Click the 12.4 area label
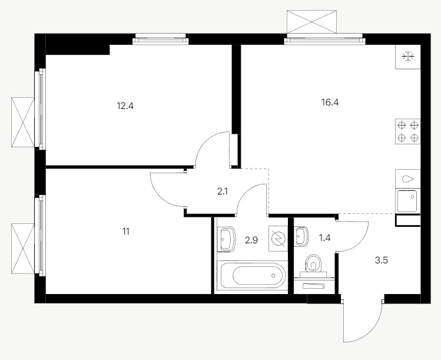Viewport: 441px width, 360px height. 125,106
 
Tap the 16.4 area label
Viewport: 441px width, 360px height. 330,102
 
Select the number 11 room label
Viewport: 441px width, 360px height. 126,232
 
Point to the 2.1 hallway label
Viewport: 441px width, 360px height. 223,191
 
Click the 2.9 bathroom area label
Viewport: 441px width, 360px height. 251,240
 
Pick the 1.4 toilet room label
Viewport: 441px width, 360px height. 324,238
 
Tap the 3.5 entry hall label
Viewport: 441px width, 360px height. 382,260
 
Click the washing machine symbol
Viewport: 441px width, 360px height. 278,239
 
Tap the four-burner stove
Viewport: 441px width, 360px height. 408,131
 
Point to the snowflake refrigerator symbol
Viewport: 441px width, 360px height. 408,57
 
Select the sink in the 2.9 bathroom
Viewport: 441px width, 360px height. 227,239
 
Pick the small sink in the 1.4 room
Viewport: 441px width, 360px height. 301,236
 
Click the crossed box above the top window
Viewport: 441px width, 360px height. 311,22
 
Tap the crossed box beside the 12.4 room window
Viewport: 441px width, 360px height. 23,122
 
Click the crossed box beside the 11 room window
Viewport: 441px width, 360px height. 23,248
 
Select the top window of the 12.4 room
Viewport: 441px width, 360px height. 161,39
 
